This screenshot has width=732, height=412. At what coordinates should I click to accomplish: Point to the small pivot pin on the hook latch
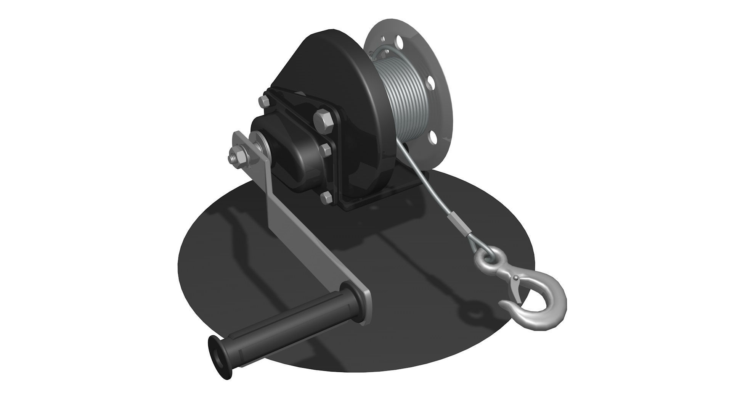point(516,277)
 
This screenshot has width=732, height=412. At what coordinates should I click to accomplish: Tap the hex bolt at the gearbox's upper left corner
point(264,101)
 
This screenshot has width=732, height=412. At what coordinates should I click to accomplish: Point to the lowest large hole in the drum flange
point(432,136)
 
